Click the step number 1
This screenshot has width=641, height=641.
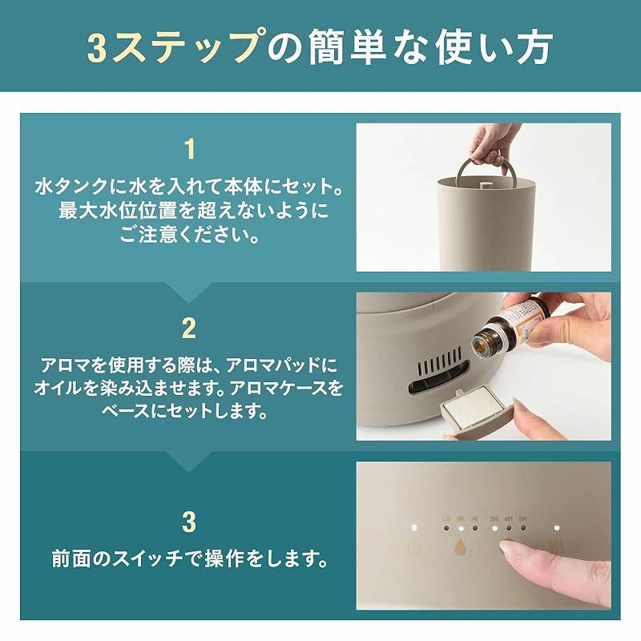(189, 150)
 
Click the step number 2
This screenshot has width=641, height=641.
(189, 328)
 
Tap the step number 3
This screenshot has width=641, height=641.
(189, 522)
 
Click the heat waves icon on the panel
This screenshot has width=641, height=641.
(554, 552)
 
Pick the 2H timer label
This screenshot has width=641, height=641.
(494, 518)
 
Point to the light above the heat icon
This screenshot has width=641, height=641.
(554, 529)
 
